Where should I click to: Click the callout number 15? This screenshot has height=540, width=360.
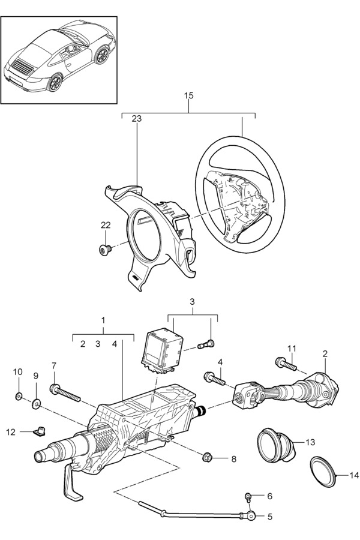click(x=189, y=96)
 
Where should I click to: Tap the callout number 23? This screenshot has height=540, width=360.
click(x=136, y=119)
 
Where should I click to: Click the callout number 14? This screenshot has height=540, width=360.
click(x=354, y=476)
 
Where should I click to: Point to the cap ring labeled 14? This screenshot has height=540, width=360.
click(x=323, y=472)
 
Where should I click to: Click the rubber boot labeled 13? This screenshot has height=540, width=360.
click(x=276, y=446)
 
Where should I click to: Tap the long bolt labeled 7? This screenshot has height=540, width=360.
click(x=65, y=393)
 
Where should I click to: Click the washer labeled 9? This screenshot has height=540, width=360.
click(x=36, y=403)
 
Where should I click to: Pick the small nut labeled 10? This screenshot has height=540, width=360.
click(x=19, y=396)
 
